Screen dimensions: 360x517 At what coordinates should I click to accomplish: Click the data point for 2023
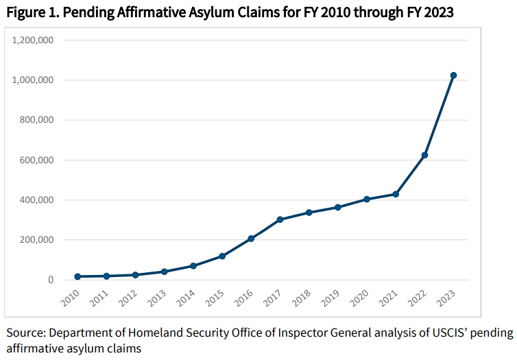(x=453, y=75)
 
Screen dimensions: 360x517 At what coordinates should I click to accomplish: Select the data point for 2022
(x=424, y=155)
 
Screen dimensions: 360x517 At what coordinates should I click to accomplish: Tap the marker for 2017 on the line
(x=280, y=219)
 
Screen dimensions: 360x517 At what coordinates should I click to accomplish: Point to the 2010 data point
(x=77, y=276)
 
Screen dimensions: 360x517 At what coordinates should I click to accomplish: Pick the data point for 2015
(x=222, y=256)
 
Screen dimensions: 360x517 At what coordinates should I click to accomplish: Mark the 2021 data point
(x=396, y=194)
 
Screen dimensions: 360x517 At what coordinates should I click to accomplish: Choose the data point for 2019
(x=337, y=207)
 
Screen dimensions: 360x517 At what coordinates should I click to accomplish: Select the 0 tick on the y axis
(x=50, y=280)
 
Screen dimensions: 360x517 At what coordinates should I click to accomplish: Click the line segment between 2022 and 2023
(x=439, y=115)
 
